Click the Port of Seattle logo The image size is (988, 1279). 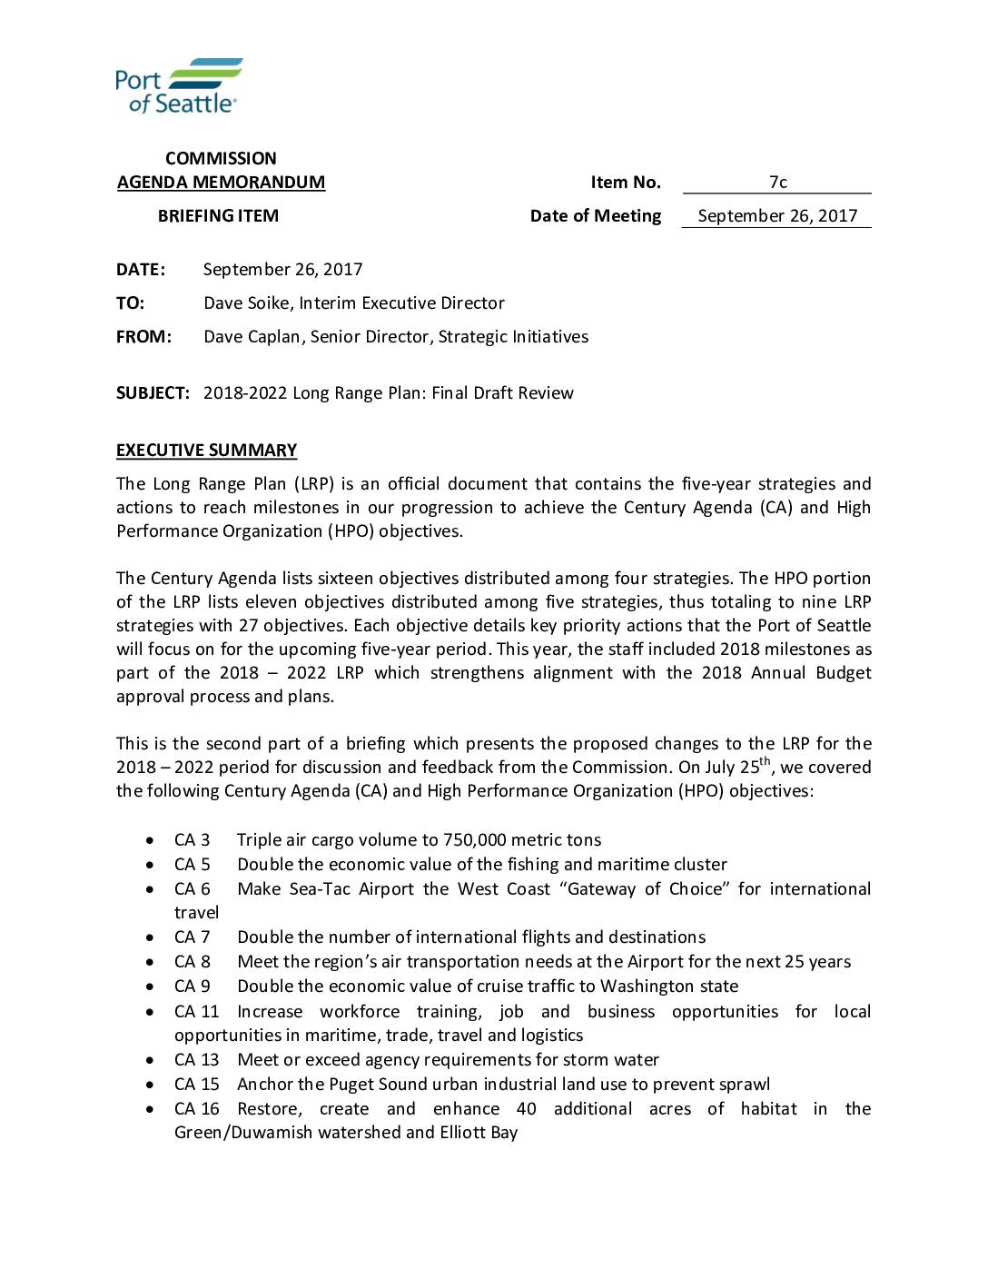click(x=178, y=85)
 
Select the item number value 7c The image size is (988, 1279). click(x=777, y=183)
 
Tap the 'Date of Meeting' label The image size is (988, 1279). click(x=596, y=216)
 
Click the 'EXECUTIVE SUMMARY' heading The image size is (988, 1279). click(x=206, y=451)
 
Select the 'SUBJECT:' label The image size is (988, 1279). click(x=153, y=393)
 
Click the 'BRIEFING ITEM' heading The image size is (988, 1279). click(x=218, y=216)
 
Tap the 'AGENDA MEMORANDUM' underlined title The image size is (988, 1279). click(x=221, y=183)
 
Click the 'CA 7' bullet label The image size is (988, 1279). click(x=192, y=937)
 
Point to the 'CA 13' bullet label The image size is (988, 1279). click(x=196, y=1060)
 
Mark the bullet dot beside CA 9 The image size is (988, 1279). click(x=150, y=987)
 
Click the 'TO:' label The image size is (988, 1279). click(x=130, y=303)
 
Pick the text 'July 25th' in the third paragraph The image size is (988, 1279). click(x=735, y=767)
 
